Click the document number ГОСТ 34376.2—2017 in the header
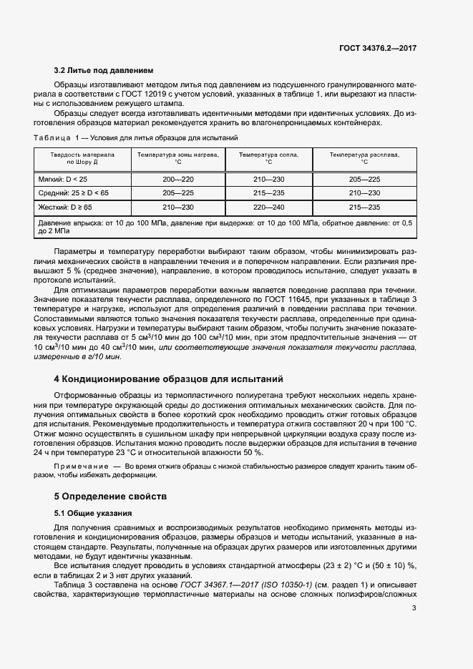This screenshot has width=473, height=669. coord(378,48)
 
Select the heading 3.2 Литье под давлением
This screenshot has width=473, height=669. coord(104,71)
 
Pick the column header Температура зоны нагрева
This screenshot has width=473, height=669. coord(177,154)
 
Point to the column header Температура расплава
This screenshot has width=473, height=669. coord(364,154)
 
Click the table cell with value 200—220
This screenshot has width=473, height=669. coord(177,178)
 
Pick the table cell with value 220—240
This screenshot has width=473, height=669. coord(269,207)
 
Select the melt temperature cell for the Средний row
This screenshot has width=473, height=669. coord(364,192)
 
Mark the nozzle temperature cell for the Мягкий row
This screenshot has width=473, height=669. coord(269,178)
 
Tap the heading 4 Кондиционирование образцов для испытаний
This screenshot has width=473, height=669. coord(169,378)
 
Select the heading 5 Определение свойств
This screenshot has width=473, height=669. coord(110,496)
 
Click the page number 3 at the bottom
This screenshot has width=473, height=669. coord(414,608)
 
